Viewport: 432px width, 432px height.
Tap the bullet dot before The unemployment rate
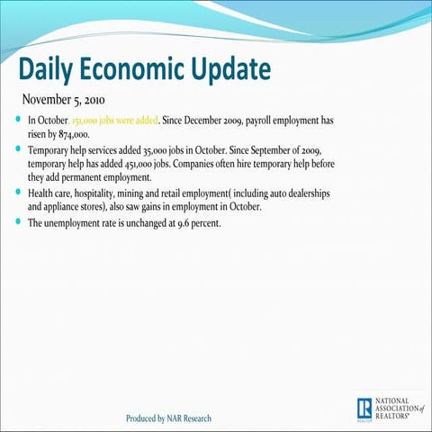point(20,223)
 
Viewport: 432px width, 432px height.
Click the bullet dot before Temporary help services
point(20,147)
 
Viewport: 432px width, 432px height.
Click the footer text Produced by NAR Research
point(170,418)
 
